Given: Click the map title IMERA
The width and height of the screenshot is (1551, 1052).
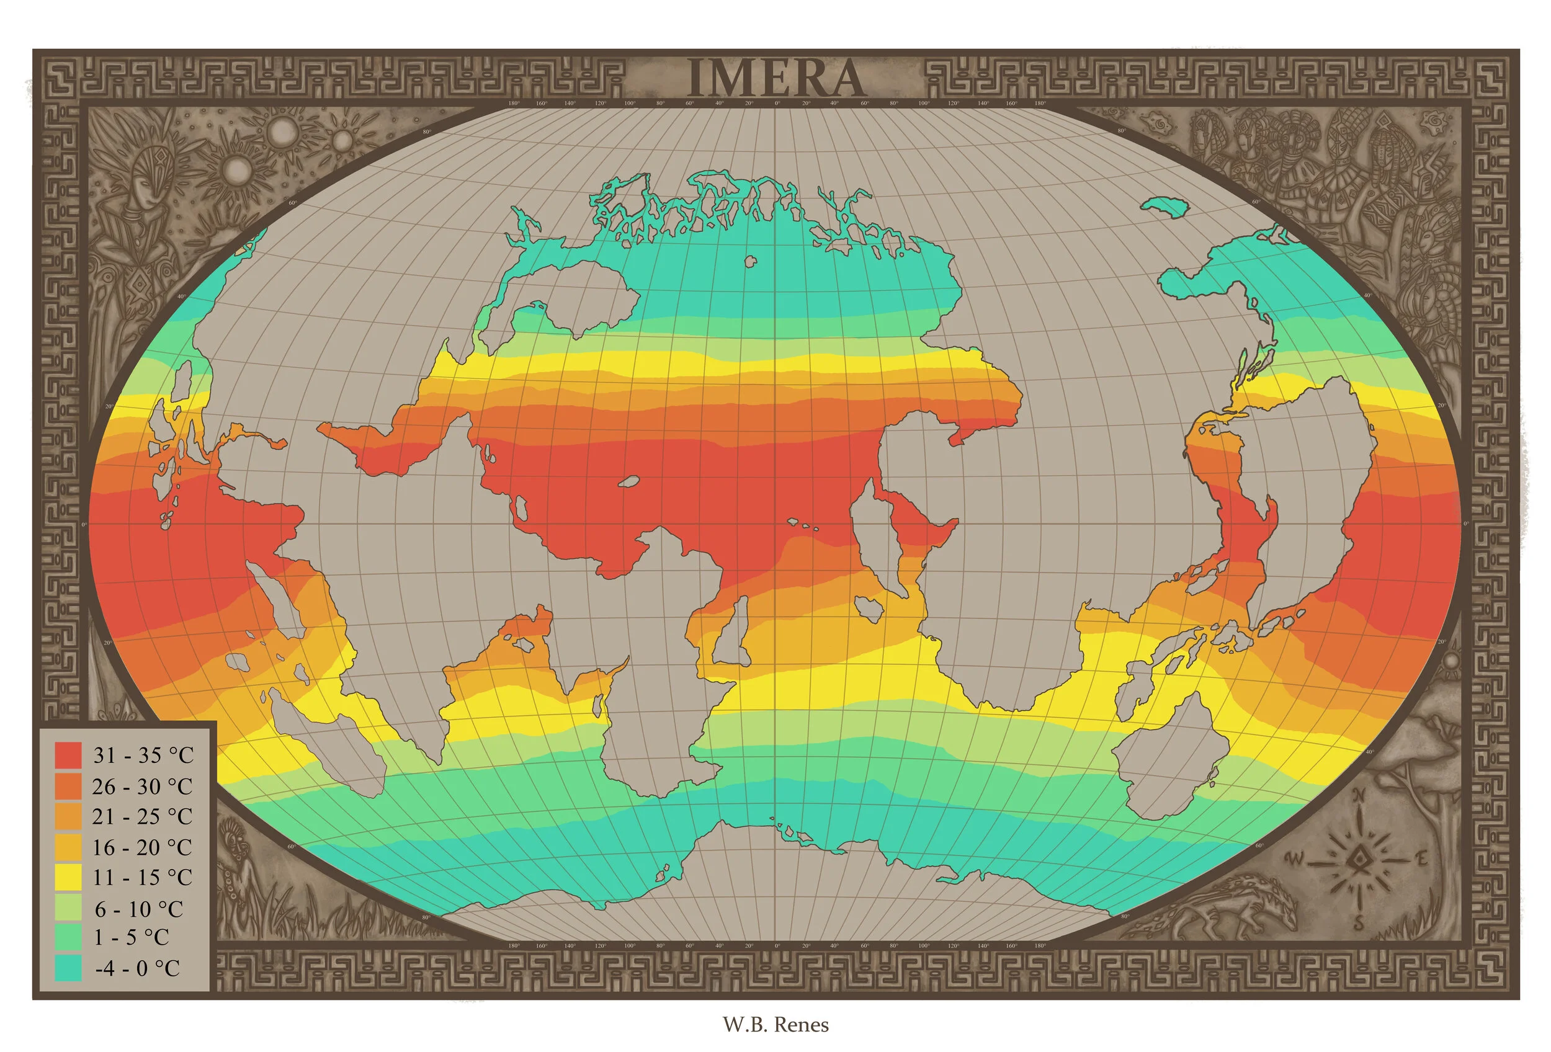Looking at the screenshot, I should point(775,79).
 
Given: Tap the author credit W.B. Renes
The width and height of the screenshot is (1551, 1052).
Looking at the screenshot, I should point(775,1025).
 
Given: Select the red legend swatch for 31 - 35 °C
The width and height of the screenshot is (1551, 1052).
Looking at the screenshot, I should point(68,755).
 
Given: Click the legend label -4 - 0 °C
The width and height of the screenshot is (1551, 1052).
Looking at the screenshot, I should point(138,968).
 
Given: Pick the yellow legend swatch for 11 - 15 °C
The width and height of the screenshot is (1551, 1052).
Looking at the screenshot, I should point(68,877).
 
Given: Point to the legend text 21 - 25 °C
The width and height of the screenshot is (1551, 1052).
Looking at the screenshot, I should point(142,816).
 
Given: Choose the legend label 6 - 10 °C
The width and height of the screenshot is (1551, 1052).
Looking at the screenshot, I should point(138,909).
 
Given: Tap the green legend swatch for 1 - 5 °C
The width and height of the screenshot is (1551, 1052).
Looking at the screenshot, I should point(68,937).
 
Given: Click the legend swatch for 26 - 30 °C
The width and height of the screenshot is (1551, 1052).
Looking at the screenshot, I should point(68,786).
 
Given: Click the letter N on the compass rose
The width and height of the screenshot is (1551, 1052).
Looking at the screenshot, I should point(1359,796).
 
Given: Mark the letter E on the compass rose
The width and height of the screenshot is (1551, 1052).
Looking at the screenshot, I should point(1421,858).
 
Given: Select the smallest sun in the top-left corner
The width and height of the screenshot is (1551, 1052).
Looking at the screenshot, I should point(342,140).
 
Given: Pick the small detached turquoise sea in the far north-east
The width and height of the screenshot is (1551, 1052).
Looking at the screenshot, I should point(1166,206).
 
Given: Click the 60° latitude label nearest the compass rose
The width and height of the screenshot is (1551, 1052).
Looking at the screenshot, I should point(1259,846).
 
